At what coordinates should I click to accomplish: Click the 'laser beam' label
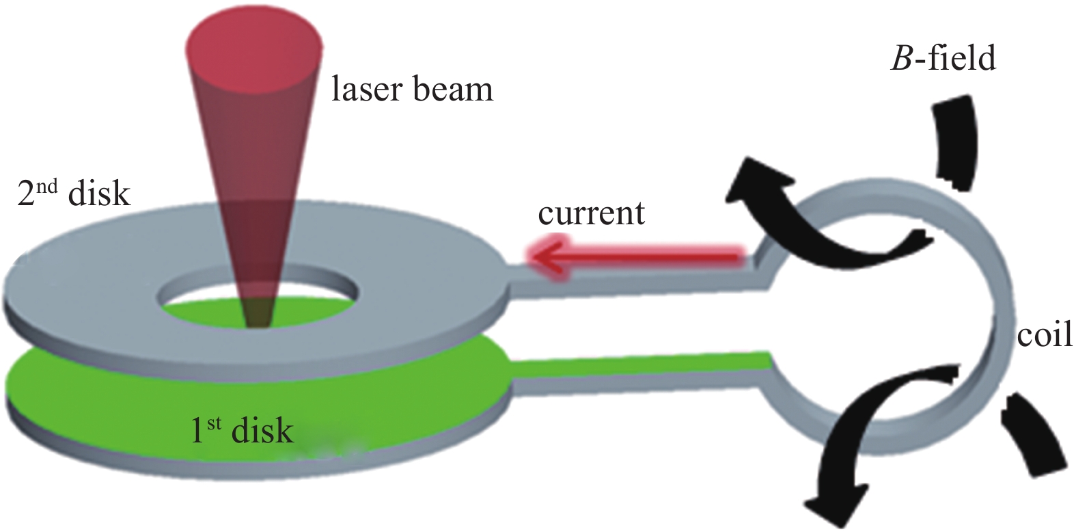click(412, 90)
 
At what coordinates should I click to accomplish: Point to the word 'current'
click(591, 213)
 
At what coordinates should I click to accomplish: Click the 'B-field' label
click(943, 59)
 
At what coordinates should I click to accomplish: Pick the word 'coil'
click(1044, 336)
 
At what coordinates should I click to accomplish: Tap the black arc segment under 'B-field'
click(955, 144)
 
